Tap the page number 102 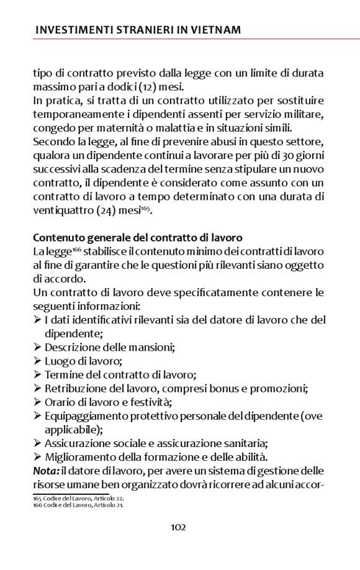(179, 527)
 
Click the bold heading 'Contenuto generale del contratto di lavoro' (137, 238)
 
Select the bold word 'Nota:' (46, 471)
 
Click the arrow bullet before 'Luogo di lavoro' (37, 361)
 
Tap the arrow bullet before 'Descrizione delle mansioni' (37, 347)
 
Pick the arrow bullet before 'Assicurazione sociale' (37, 443)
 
